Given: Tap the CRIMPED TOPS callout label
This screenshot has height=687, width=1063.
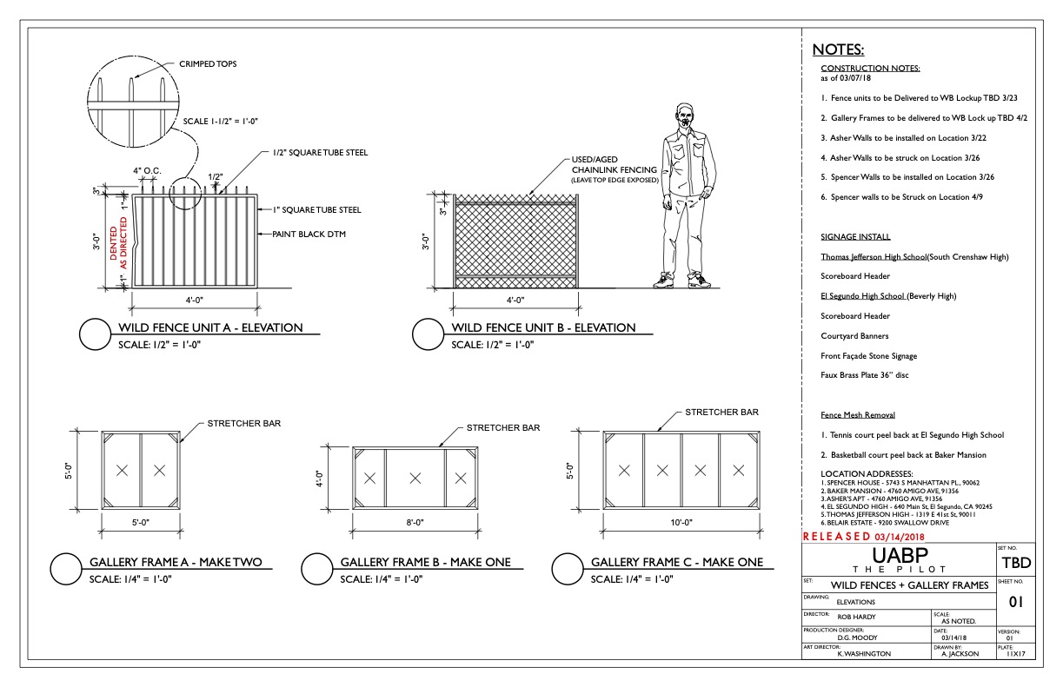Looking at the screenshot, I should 207,63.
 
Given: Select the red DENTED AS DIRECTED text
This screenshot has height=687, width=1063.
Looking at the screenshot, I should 117,244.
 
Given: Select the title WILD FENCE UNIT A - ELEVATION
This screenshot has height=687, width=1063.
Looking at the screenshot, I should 210,328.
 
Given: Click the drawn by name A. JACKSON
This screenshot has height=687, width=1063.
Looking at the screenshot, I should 960,654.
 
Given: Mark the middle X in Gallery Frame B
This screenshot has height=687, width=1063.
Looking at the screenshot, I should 415,477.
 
